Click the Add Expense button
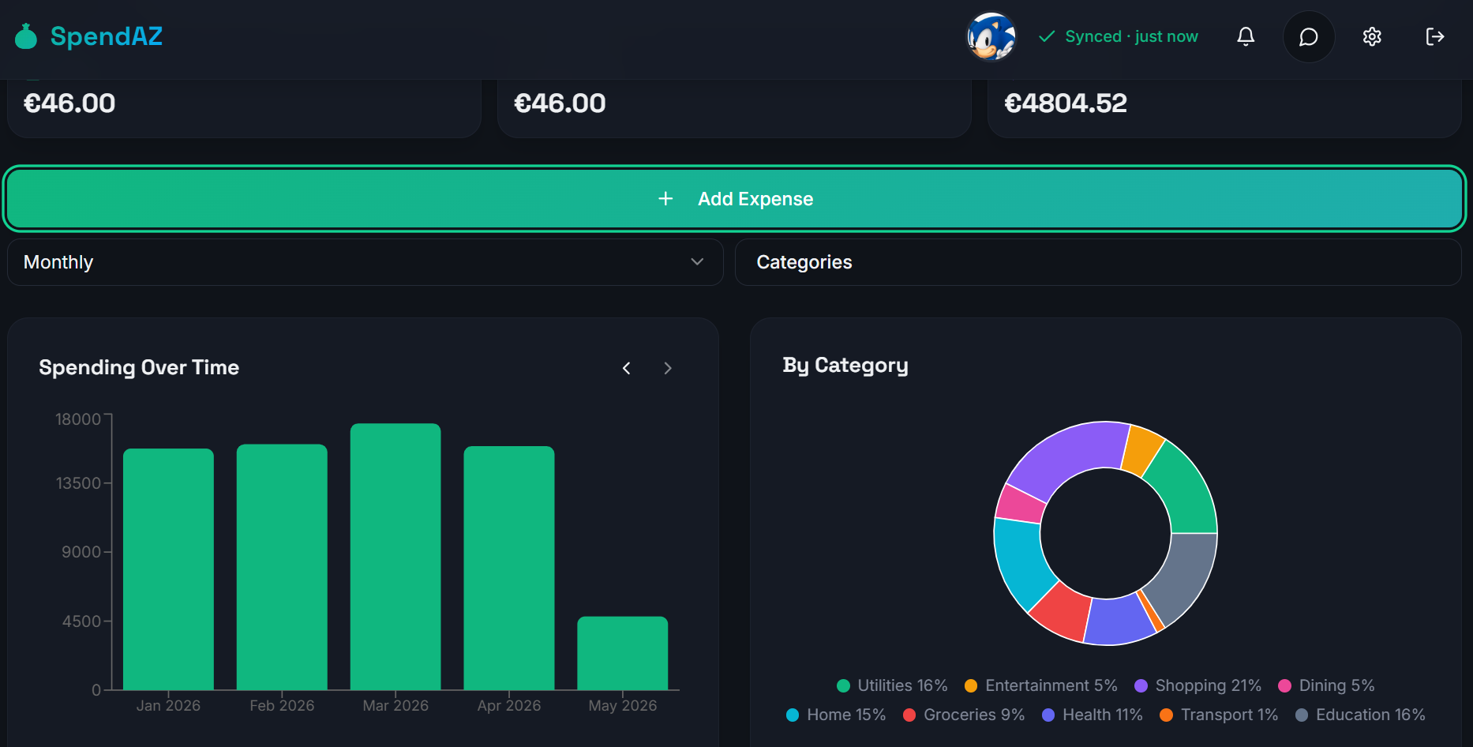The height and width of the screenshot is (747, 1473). pyautogui.click(x=734, y=199)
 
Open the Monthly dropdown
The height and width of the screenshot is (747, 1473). pyautogui.click(x=365, y=262)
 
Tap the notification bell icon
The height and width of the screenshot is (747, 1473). pyautogui.click(x=1246, y=36)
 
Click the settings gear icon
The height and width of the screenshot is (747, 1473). pyautogui.click(x=1372, y=36)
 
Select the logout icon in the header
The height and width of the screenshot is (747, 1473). pyautogui.click(x=1435, y=36)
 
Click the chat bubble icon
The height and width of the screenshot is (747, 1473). pyautogui.click(x=1309, y=36)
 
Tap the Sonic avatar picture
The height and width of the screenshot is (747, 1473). pyautogui.click(x=991, y=36)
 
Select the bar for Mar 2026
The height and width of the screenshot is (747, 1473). pyautogui.click(x=395, y=557)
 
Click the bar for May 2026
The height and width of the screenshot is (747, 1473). pyautogui.click(x=623, y=653)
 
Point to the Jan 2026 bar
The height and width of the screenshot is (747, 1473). pyautogui.click(x=168, y=569)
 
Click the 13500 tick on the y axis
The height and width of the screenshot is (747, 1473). pyautogui.click(x=78, y=483)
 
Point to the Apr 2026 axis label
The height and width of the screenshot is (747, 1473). pyautogui.click(x=509, y=705)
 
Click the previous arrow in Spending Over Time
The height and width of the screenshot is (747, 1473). pyautogui.click(x=627, y=368)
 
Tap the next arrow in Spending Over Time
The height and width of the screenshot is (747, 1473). pyautogui.click(x=668, y=368)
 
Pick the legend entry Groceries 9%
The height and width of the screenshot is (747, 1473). pyautogui.click(x=964, y=715)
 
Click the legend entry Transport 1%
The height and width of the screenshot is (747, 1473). pyautogui.click(x=1219, y=715)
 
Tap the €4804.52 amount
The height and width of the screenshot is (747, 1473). pyautogui.click(x=1066, y=103)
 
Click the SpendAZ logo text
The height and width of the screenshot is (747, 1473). pyautogui.click(x=107, y=36)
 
